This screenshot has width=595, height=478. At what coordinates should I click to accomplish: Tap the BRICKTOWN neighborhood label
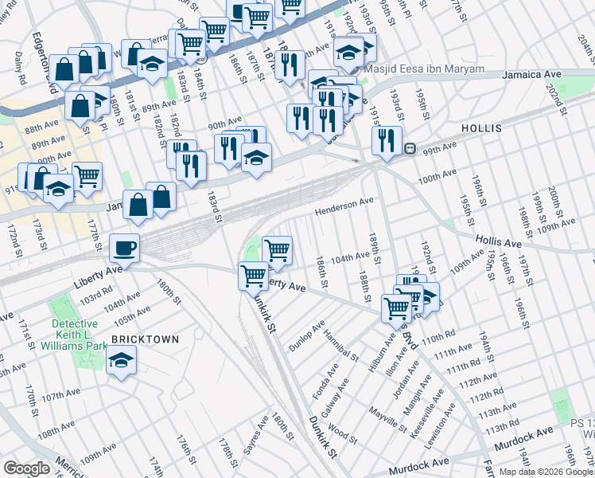tap(145, 339)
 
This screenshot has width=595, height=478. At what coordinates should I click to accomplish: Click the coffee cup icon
tap(124, 247)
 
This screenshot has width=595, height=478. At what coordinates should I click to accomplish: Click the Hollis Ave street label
tap(498, 241)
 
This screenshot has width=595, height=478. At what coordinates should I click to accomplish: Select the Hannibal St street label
tap(343, 344)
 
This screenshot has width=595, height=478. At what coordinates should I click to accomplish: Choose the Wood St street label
tap(343, 433)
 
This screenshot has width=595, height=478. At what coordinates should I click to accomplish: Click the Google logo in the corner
tap(26, 468)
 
